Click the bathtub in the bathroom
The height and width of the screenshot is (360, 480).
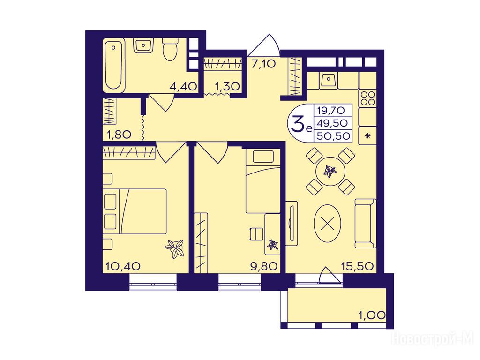(114, 66)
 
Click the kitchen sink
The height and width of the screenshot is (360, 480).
(329, 80)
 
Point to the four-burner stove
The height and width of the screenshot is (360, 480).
(367, 98)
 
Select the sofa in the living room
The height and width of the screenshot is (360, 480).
(366, 223)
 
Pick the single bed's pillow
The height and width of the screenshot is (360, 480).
(263, 157)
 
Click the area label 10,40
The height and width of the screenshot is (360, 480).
(123, 266)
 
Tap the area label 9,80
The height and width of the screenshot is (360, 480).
(264, 266)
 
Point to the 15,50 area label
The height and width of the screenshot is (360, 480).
(358, 266)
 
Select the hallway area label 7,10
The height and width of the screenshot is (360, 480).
(264, 64)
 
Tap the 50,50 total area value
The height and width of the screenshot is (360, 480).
(333, 135)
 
